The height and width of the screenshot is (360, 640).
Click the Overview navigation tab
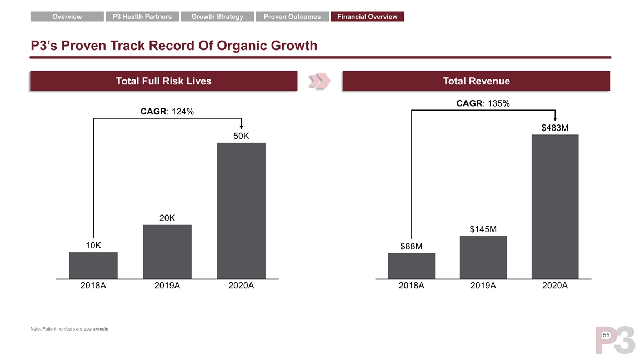pyautogui.click(x=67, y=17)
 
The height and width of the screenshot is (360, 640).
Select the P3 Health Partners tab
pyautogui.click(x=142, y=17)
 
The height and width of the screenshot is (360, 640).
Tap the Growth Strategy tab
pyautogui.click(x=217, y=17)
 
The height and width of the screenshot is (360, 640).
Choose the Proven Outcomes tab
pyautogui.click(x=292, y=17)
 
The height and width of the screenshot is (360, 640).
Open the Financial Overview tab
pyautogui.click(x=367, y=17)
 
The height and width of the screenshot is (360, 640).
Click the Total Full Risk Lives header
pyautogui.click(x=163, y=81)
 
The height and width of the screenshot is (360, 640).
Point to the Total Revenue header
pyautogui.click(x=476, y=81)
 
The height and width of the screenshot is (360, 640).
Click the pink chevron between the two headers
pyautogui.click(x=319, y=81)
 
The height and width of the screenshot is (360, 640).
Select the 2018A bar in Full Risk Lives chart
pyautogui.click(x=93, y=265)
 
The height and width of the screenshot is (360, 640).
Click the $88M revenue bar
pyautogui.click(x=412, y=266)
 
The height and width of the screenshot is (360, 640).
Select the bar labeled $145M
pyautogui.click(x=483, y=257)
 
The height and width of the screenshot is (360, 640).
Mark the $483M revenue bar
pyautogui.click(x=555, y=206)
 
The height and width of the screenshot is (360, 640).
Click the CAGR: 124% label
pyautogui.click(x=167, y=112)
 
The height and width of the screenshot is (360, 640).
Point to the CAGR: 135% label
pyautogui.click(x=483, y=103)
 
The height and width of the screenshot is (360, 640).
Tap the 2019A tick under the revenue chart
pyautogui.click(x=483, y=286)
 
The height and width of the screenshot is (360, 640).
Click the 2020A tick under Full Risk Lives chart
pyautogui.click(x=241, y=286)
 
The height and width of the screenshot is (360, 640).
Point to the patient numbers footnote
pyautogui.click(x=69, y=329)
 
